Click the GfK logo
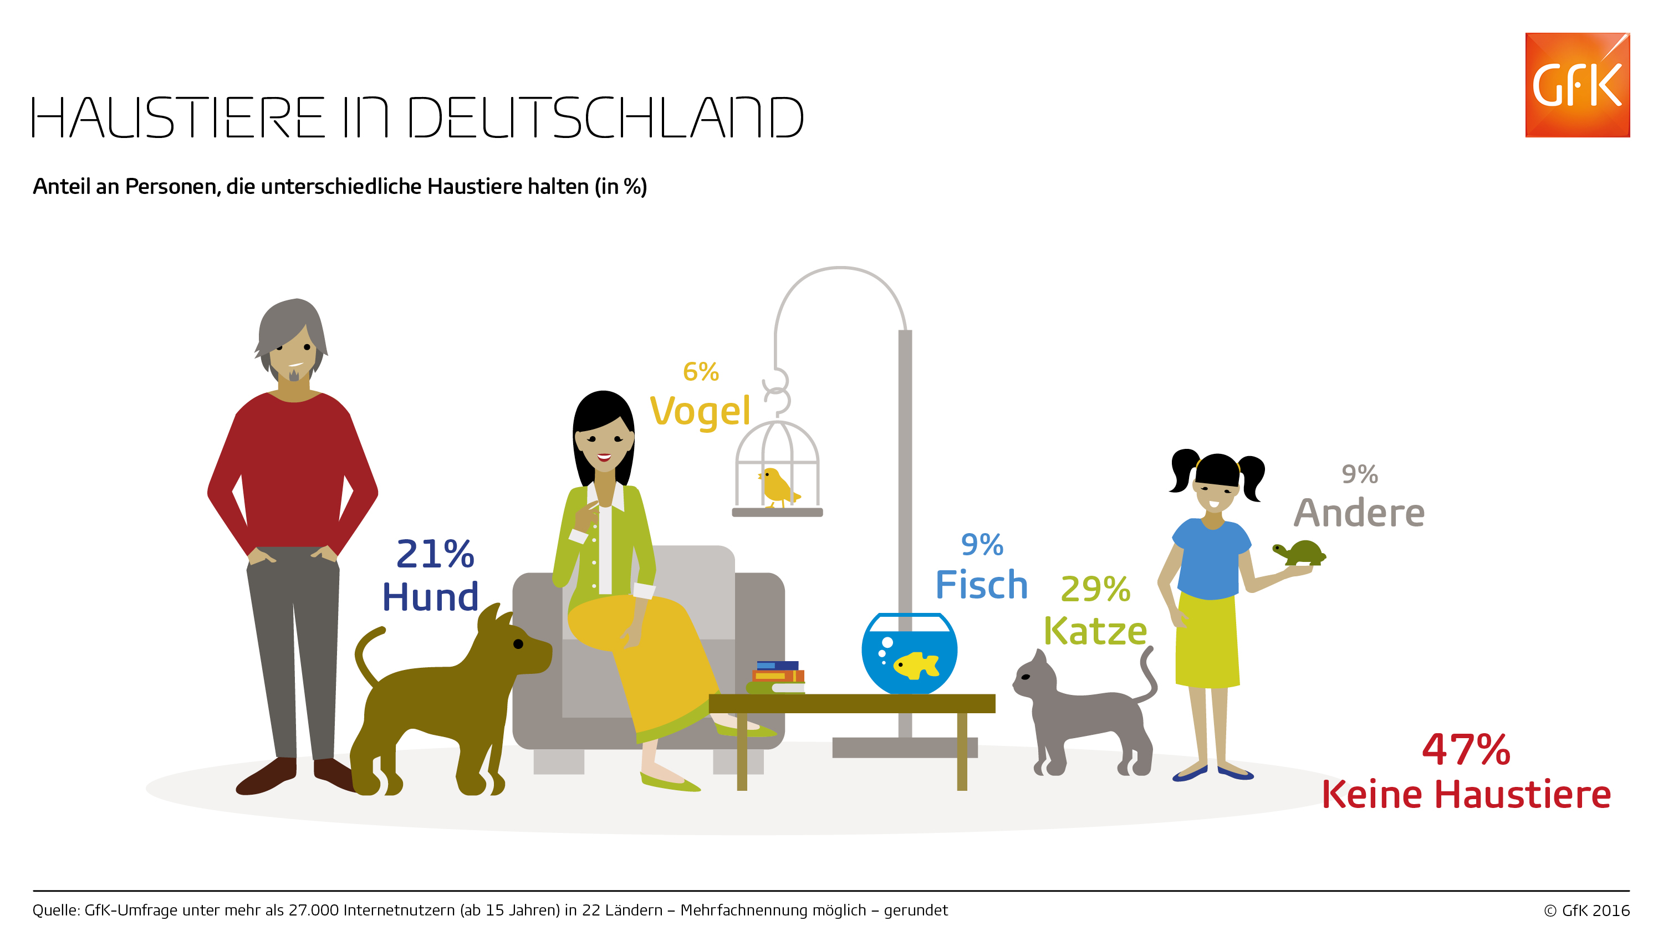[1577, 85]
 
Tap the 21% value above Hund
[435, 554]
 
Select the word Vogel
[700, 411]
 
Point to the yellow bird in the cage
[777, 487]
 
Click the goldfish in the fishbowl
[915, 665]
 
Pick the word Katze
[1095, 631]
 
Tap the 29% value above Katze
[1095, 589]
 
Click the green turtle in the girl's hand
[1300, 553]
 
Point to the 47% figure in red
[1466, 750]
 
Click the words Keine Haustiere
[1466, 795]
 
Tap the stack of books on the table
[777, 677]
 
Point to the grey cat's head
[1035, 678]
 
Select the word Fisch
[981, 585]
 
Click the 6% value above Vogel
[701, 372]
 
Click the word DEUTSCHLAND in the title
[605, 117]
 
